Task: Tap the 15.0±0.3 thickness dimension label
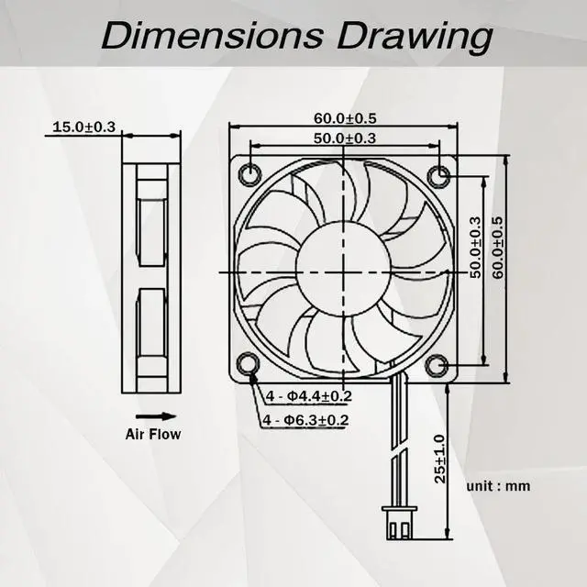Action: pos(83,127)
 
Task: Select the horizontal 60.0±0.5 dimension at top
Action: pos(345,117)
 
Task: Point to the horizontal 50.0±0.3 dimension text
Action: pos(345,138)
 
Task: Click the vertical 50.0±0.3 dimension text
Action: pos(474,248)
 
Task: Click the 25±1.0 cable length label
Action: pos(441,459)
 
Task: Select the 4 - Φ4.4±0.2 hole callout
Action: pos(310,396)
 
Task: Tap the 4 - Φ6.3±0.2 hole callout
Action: pos(306,420)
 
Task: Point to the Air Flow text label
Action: pos(153,435)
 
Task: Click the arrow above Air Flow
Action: pos(152,415)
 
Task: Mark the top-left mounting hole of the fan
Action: pos(250,174)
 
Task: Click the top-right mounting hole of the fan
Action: pos(439,174)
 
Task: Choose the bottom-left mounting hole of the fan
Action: pos(250,364)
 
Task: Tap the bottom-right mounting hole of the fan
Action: pos(439,364)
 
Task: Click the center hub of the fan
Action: pos(345,270)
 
